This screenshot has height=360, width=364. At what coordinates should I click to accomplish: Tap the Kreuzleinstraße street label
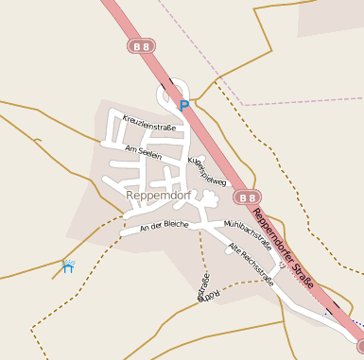tap(149, 122)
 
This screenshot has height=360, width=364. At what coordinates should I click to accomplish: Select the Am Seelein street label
tap(143, 151)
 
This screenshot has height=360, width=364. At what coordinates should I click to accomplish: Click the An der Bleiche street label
tap(164, 226)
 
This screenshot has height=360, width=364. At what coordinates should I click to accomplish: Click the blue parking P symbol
tap(184, 105)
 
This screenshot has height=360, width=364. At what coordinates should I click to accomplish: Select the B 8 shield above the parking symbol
tap(141, 45)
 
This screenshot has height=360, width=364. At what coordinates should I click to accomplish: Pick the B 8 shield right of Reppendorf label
tap(247, 197)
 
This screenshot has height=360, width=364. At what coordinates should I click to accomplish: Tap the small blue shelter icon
tap(67, 266)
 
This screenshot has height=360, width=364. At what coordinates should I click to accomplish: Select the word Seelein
tap(149, 153)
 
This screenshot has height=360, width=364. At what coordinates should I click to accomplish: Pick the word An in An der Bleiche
tap(145, 229)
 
